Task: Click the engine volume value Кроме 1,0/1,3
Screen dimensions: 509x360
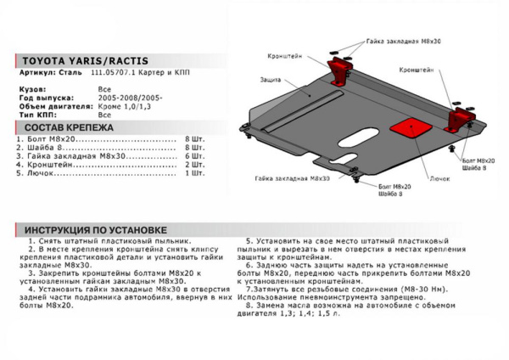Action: pyautogui.click(x=126, y=105)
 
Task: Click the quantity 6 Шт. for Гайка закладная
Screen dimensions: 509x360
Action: pyautogui.click(x=194, y=156)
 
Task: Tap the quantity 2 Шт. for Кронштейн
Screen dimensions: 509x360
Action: pyautogui.click(x=194, y=165)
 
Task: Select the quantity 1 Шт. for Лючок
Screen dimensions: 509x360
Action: pyautogui.click(x=194, y=172)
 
